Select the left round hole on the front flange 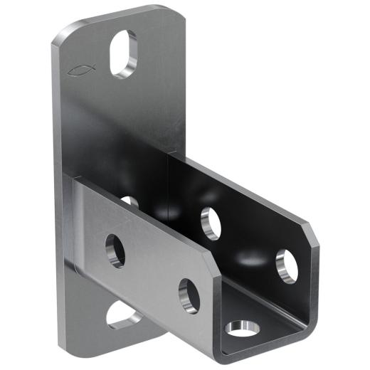(x=115, y=250)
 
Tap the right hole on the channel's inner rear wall (x=286, y=265)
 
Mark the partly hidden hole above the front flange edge (x=130, y=201)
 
